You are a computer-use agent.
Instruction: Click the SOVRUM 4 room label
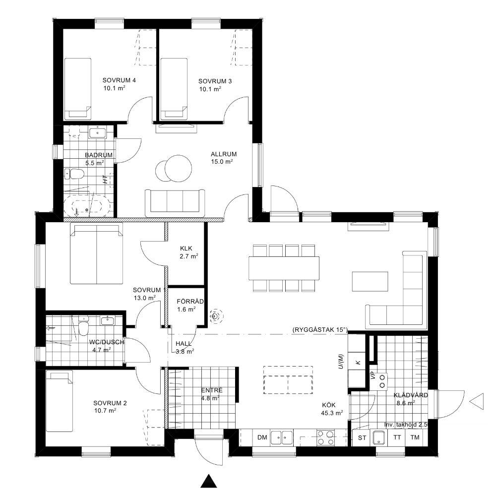pos(119,80)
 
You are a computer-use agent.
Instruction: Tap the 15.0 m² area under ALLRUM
pos(222,162)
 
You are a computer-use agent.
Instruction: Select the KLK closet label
pos(186,248)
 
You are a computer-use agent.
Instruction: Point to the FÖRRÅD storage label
pos(190,302)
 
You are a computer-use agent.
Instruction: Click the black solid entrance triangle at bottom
pos(209,481)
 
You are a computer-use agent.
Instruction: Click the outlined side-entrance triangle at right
pos(477,402)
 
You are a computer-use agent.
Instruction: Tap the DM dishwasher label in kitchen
pos(262,437)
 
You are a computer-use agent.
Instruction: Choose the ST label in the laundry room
pos(362,438)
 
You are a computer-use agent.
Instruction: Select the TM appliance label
pos(415,437)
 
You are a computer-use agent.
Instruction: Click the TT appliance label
pos(397,437)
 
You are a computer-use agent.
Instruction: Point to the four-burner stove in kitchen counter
pos(325,437)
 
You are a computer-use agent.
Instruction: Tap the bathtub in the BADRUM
pos(87,207)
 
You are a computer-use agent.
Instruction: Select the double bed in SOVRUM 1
pos(96,253)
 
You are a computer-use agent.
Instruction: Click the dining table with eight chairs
pos(284,268)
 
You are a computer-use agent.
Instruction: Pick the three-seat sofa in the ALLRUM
pos(175,201)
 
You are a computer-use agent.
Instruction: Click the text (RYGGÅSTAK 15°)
pos(320,330)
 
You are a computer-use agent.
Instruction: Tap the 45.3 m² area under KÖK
pos(332,413)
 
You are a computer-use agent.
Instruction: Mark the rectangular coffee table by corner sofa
pos(370,281)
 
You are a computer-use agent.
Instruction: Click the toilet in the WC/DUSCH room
pos(83,328)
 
